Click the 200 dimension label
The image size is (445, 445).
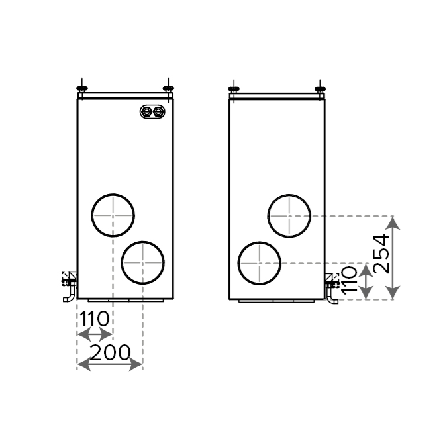coord(110,353)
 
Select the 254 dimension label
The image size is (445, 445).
coord(381,254)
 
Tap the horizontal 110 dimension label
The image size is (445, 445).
coord(94,319)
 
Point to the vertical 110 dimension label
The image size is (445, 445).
coord(349,280)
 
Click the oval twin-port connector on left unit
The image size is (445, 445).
coord(152,111)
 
